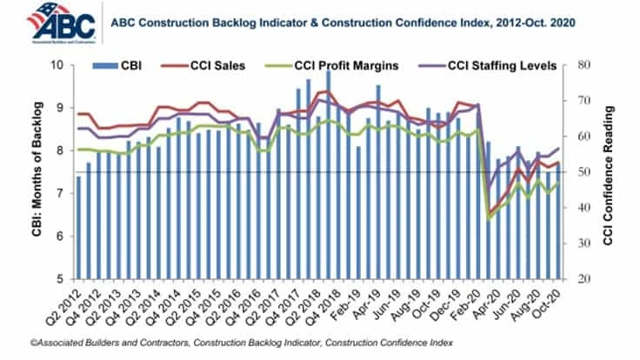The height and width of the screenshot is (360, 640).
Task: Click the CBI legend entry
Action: (128, 64)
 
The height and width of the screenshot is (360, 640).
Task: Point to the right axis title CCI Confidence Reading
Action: (610, 173)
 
